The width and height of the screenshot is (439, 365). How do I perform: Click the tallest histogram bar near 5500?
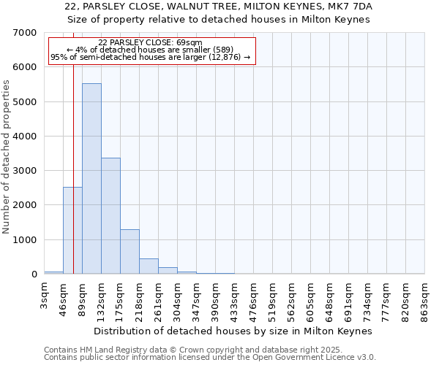click(91, 179)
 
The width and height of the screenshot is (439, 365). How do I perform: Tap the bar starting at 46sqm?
click(72, 231)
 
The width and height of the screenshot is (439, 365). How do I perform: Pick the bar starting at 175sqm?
click(130, 252)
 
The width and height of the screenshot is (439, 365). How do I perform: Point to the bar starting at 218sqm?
click(149, 266)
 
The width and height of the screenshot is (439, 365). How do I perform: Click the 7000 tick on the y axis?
click(25, 33)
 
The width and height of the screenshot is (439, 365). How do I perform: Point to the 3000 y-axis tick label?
click(25, 171)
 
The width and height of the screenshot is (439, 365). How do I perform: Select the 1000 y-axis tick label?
click(25, 240)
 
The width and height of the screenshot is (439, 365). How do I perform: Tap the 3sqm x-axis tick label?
click(45, 296)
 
